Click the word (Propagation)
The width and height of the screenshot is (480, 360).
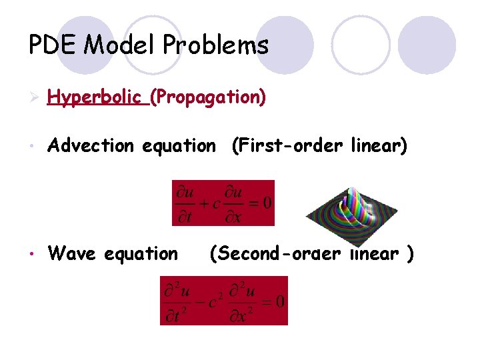208,98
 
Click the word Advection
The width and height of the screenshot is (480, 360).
91,145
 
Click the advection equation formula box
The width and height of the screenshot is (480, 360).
223,203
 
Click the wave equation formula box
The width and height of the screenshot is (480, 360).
224,301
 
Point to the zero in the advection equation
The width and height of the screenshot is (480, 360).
266,203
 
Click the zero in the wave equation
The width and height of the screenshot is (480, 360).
279,302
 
